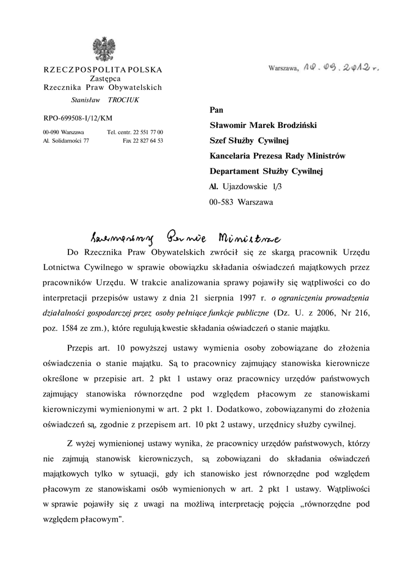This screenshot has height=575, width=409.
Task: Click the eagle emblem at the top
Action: (x=103, y=49)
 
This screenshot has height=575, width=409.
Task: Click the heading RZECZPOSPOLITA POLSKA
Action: (x=103, y=70)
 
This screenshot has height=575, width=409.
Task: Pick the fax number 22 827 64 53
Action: (x=149, y=140)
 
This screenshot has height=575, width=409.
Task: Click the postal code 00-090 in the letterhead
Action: (x=52, y=132)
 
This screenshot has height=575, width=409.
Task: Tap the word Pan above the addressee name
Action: (x=216, y=110)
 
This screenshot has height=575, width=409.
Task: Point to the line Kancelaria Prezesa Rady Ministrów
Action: (x=277, y=156)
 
